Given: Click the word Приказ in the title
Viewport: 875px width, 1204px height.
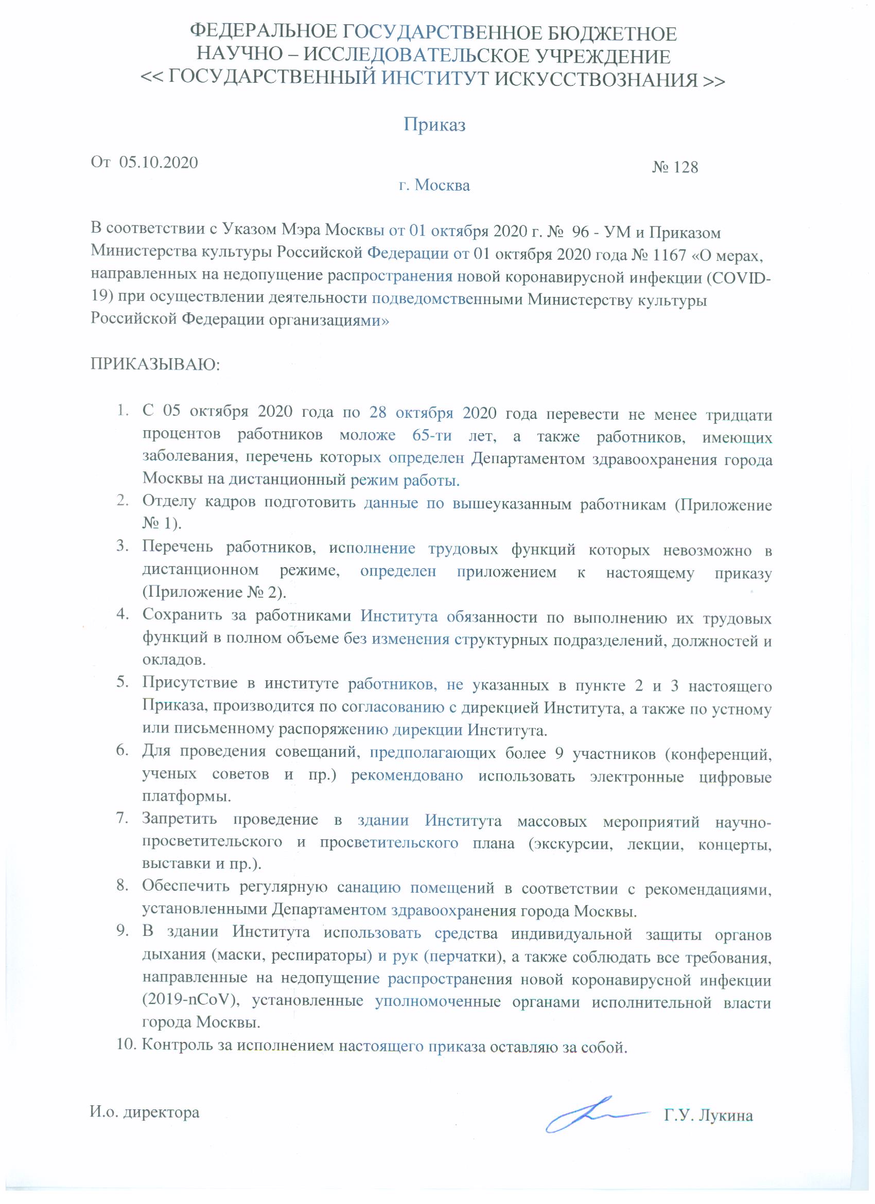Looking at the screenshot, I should (434, 125).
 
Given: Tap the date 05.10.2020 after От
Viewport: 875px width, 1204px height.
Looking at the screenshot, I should (159, 163).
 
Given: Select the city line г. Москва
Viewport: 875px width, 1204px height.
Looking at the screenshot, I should (434, 185).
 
